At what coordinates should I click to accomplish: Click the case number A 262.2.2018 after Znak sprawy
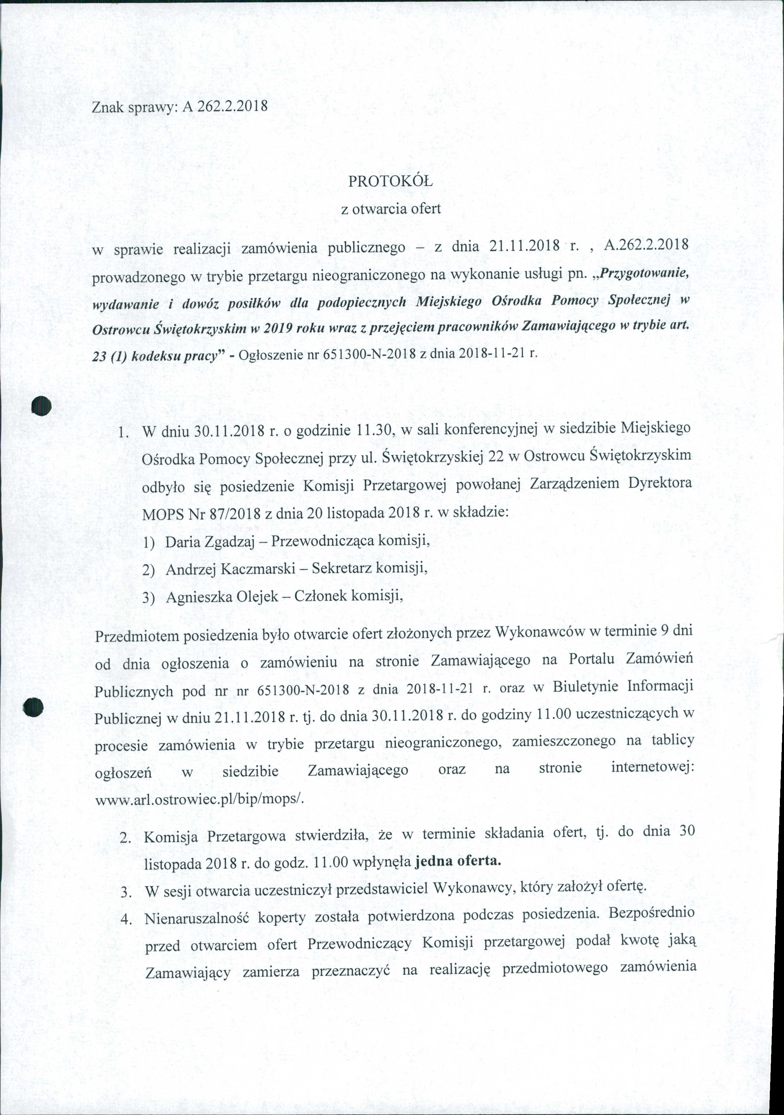pyautogui.click(x=225, y=106)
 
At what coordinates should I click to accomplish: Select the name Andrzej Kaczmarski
pyautogui.click(x=231, y=569)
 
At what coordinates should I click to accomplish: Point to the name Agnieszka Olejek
pyautogui.click(x=222, y=596)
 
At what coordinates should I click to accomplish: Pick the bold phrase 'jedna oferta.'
pyautogui.click(x=457, y=862)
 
